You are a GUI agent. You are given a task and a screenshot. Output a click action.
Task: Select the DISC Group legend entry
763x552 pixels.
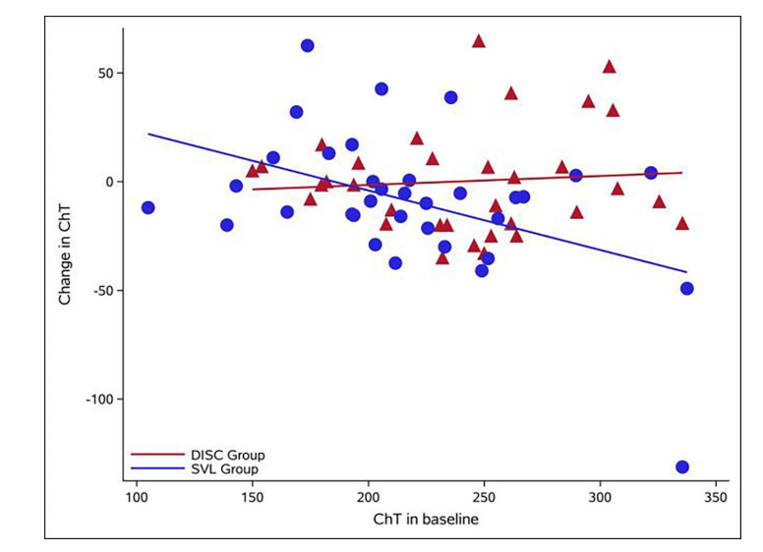225,455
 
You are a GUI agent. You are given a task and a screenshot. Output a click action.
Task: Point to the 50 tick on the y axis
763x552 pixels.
107,73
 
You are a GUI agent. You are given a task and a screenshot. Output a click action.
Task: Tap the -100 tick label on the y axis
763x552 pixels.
102,400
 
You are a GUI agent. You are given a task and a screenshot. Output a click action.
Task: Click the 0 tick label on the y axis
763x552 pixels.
111,182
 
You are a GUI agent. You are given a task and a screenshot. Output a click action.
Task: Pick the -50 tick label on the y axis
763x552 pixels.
105,291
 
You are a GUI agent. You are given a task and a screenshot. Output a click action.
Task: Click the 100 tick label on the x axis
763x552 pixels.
136,497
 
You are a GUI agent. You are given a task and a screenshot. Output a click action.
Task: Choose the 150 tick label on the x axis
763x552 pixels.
252,497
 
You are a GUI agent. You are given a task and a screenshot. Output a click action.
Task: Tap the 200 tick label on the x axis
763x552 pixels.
368,497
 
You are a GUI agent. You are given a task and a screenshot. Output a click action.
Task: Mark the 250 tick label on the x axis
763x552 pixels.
484,497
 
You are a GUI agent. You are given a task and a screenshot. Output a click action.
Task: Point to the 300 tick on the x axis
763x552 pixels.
600,497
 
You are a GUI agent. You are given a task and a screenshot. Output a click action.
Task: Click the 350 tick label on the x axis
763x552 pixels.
716,497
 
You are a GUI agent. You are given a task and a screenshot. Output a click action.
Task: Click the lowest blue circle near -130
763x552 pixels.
682,467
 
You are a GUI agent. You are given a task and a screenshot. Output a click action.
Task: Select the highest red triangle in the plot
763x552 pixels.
479,41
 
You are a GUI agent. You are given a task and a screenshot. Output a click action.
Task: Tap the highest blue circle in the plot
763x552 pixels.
307,45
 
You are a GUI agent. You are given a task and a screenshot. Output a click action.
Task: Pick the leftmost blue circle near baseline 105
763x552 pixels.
147,207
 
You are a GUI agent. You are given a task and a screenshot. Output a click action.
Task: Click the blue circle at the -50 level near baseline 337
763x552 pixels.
686,288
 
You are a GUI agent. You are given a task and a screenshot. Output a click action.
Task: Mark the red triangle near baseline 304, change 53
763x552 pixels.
609,67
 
